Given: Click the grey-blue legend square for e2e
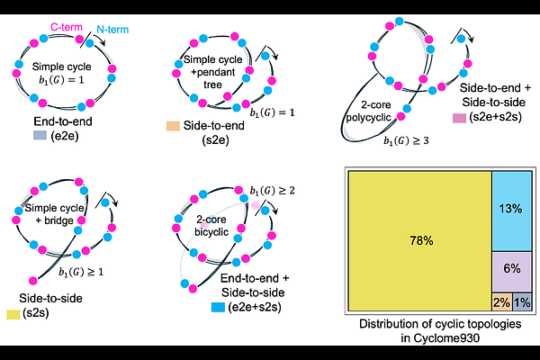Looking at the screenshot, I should pyautogui.click(x=39, y=135).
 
